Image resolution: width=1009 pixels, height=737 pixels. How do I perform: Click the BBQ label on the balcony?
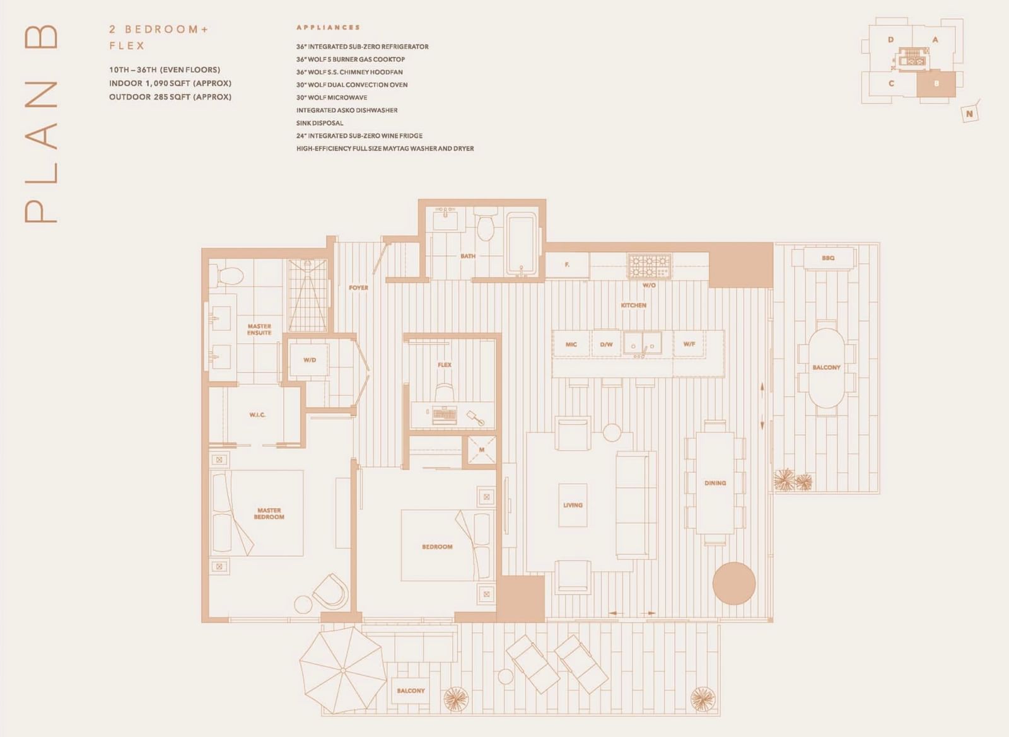828,258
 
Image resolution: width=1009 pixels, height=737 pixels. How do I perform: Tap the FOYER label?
359,287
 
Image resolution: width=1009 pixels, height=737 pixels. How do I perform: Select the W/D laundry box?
309,360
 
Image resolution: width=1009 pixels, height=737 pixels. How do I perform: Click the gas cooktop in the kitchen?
649,266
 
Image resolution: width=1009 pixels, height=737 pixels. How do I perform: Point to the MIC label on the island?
571,344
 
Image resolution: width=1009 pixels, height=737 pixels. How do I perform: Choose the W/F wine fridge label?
689,344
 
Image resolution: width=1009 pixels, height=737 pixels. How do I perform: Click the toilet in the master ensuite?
230,275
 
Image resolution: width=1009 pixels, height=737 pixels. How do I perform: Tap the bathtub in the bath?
522,243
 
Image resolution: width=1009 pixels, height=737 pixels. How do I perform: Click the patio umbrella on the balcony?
343,671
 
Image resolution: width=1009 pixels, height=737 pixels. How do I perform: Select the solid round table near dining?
734,583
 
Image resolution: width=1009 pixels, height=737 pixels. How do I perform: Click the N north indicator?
969,114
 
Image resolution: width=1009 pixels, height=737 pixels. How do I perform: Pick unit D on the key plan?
890,40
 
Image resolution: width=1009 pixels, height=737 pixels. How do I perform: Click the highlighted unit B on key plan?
936,84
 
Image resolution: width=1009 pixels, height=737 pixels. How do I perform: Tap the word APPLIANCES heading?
328,28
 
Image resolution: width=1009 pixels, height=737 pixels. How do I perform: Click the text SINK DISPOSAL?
320,123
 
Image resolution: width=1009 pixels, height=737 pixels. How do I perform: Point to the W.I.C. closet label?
257,415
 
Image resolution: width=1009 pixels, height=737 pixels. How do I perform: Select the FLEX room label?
444,364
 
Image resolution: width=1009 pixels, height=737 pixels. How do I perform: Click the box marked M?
482,450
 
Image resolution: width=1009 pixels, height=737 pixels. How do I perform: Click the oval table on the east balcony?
827,368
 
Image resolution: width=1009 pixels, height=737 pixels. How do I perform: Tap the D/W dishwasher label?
606,344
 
